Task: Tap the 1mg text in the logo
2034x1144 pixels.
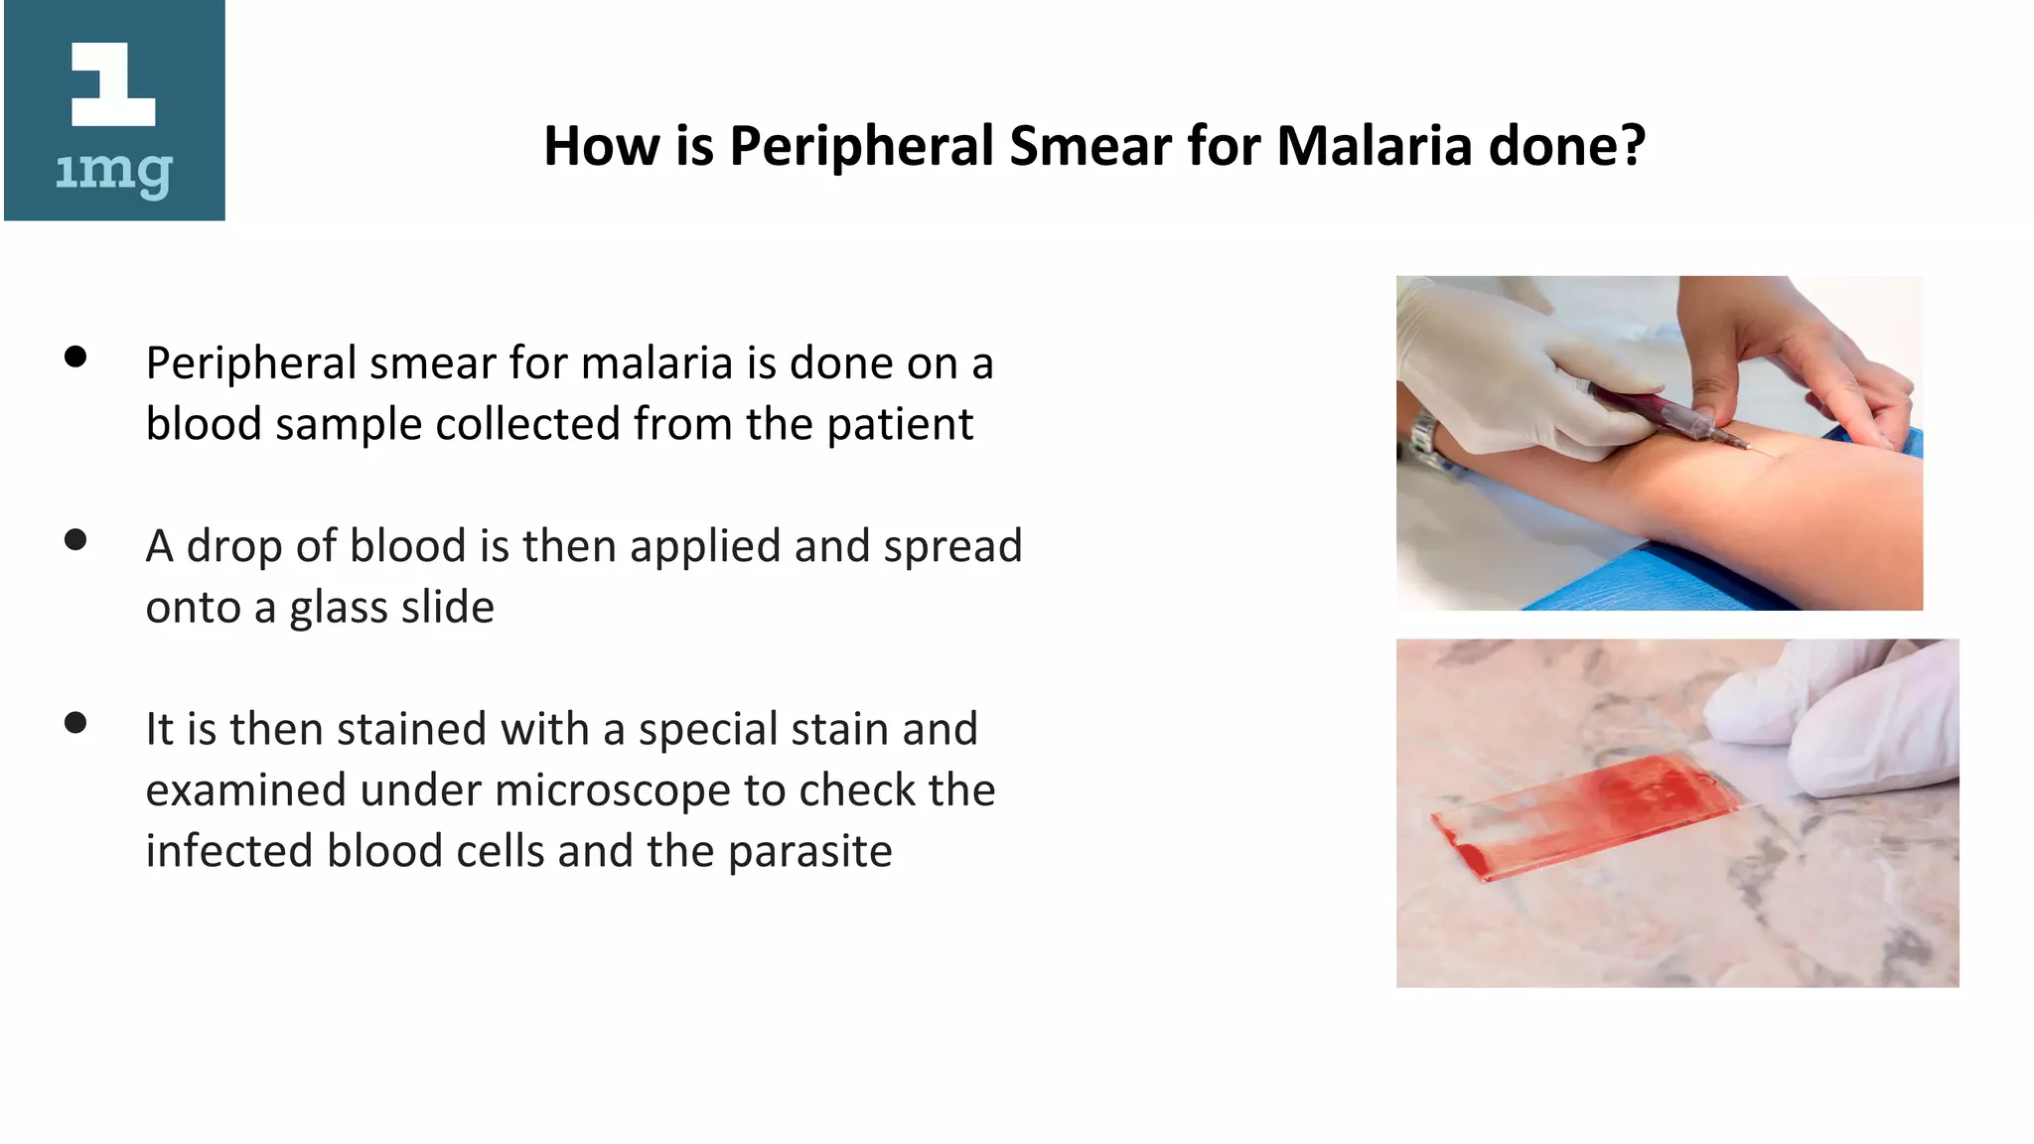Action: [x=113, y=173]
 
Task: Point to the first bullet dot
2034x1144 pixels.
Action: [x=75, y=357]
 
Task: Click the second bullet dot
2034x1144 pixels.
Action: [x=75, y=540]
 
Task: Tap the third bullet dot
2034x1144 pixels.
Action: [x=75, y=723]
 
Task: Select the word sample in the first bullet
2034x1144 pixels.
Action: [x=349, y=425]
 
